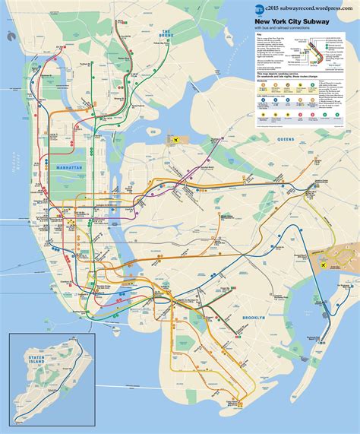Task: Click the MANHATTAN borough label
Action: [72, 167]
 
